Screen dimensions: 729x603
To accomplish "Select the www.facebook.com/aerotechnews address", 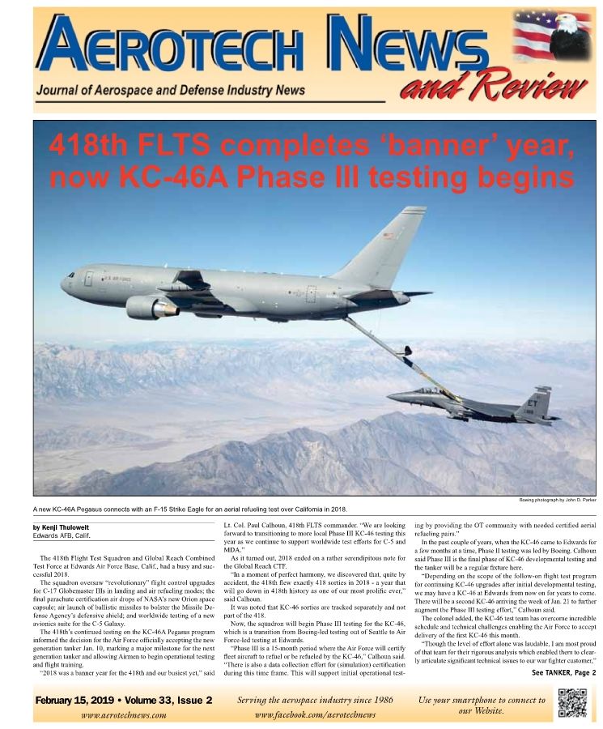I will coord(315,715).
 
